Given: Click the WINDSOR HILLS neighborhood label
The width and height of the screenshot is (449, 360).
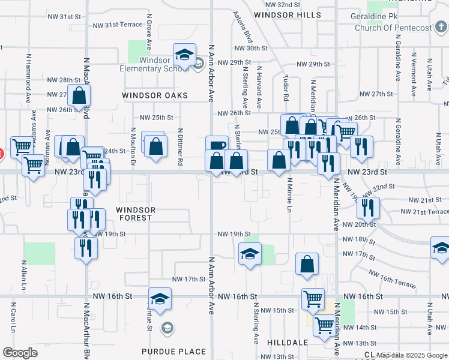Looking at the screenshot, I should click(x=287, y=14).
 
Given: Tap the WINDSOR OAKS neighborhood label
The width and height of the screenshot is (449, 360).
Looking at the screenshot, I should click(x=155, y=95).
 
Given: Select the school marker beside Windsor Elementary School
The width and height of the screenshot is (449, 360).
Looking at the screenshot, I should click(x=184, y=55).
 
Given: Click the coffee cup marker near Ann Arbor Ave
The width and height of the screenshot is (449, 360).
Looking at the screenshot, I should click(x=217, y=146).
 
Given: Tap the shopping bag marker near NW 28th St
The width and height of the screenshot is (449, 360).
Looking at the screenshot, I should click(x=79, y=95).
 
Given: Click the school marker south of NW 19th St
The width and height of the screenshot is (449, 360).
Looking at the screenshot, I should click(x=250, y=254).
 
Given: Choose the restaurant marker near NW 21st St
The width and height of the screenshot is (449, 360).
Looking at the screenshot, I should click(x=367, y=208).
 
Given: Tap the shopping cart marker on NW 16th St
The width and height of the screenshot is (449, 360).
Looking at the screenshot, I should click(x=312, y=299).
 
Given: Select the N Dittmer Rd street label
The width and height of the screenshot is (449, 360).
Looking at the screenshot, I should click(x=179, y=146).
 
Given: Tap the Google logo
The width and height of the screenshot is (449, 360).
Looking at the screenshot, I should click(x=20, y=353).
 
